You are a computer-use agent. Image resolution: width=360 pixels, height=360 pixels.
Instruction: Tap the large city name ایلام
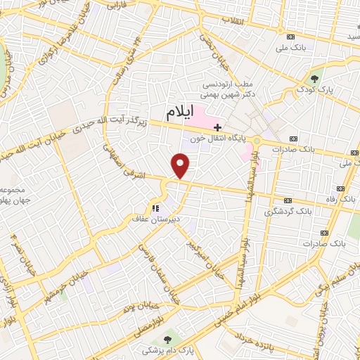tap(181, 112)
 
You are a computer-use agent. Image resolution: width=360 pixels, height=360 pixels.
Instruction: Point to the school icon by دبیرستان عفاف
tap(155, 208)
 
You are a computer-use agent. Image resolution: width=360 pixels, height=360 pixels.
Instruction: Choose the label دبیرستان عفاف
tap(157, 219)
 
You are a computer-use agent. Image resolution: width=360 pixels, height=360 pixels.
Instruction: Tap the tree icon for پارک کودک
tap(314, 78)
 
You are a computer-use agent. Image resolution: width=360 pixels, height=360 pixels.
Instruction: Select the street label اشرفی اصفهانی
tap(127, 163)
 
